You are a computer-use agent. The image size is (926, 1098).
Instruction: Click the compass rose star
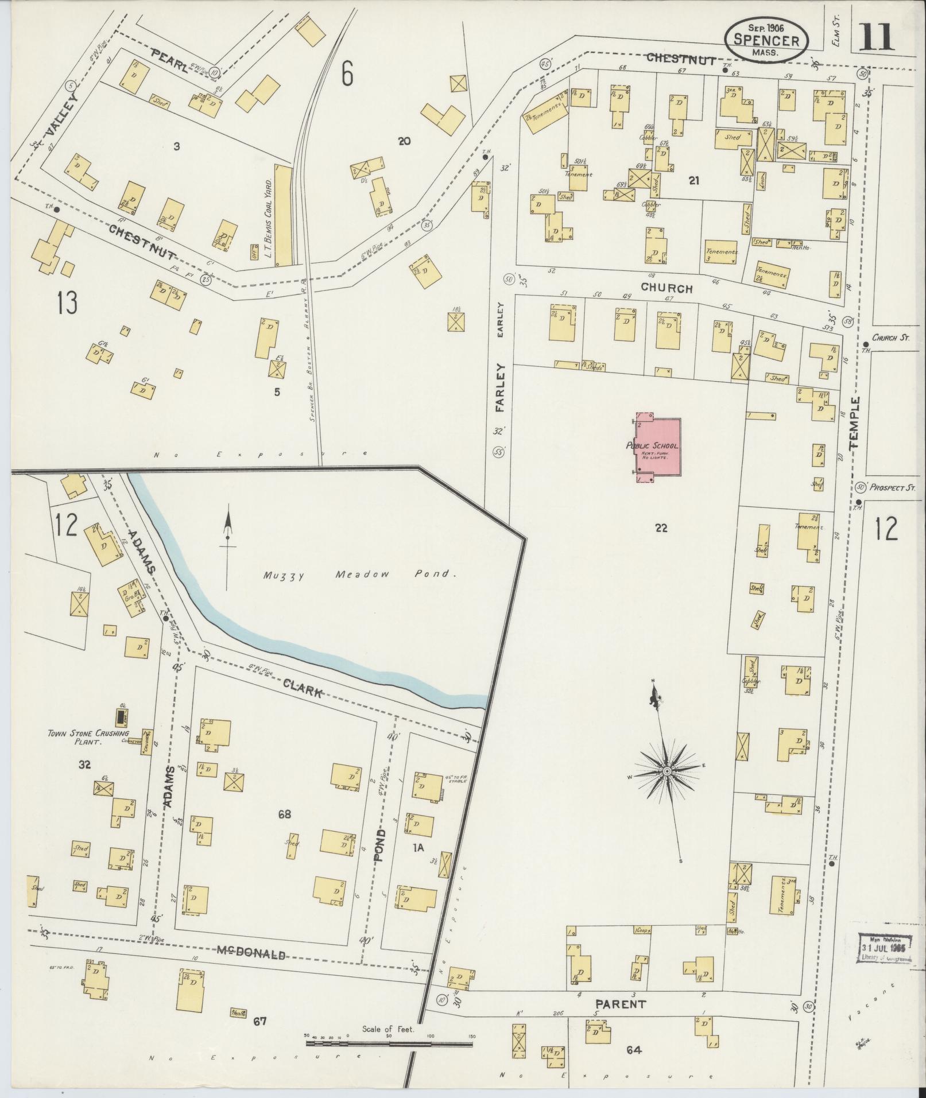pyautogui.click(x=667, y=771)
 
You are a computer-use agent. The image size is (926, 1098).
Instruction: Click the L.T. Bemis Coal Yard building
pyautogui.click(x=282, y=215)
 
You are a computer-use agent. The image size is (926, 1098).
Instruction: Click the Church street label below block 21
pyautogui.click(x=667, y=288)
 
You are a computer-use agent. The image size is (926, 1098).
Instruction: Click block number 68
pyautogui.click(x=284, y=814)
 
